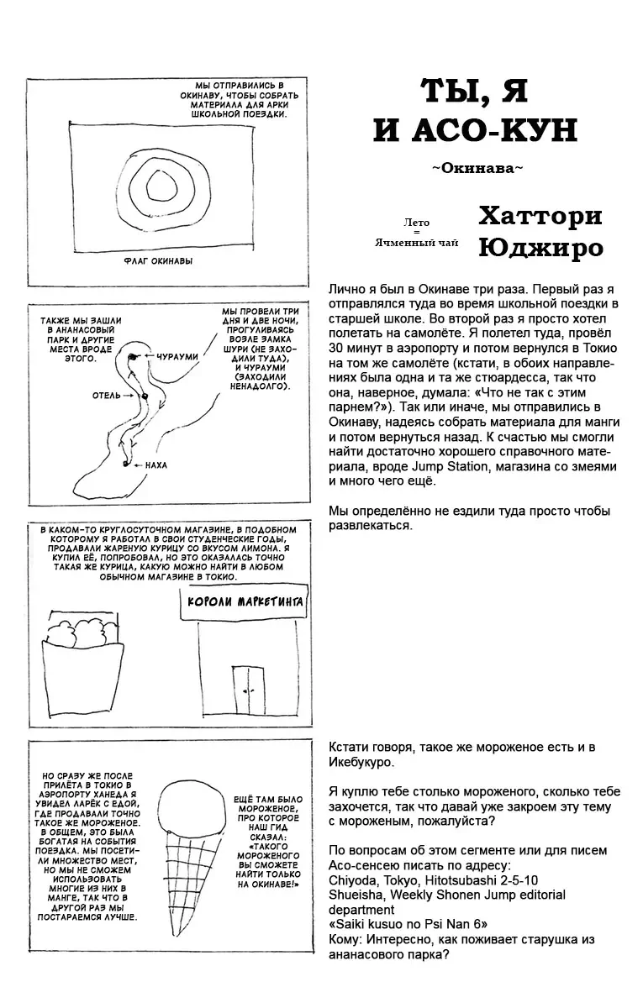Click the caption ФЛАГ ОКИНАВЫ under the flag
(157, 260)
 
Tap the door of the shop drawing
(247, 686)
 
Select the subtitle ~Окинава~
(477, 169)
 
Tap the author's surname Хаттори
(540, 216)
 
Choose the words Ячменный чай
(417, 243)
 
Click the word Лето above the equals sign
(416, 223)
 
